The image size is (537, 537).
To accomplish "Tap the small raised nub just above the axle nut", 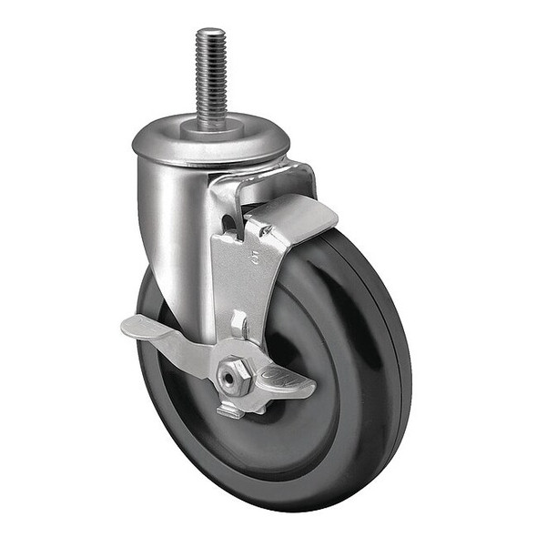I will [x=238, y=322].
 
